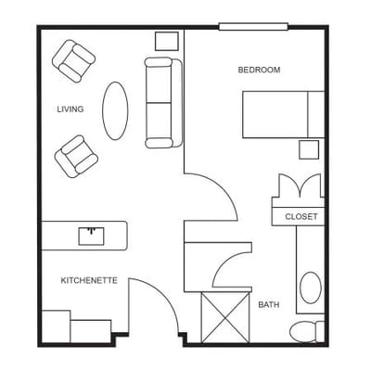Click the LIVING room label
70,109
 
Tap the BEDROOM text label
259,70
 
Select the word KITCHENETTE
89,280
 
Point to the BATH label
269,304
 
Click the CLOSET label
301,217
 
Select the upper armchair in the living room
73,60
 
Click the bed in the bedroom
282,113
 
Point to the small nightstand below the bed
307,150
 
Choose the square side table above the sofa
167,41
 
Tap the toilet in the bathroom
304,331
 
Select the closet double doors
298,186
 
